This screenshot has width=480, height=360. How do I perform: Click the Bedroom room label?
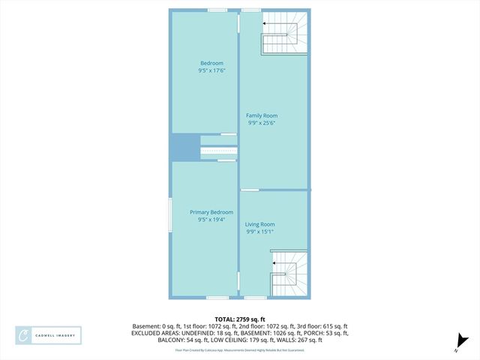(x=211, y=62)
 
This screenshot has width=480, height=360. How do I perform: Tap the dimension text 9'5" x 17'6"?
(x=211, y=70)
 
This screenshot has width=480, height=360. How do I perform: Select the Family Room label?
(x=262, y=115)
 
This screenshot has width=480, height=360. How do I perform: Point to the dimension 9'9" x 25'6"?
(x=262, y=124)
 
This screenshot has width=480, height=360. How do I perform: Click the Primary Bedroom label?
(x=211, y=212)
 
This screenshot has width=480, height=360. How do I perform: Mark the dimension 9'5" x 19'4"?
(x=211, y=220)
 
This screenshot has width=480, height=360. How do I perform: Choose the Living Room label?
(x=260, y=224)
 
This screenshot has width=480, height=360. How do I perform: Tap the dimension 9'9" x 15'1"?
(x=260, y=232)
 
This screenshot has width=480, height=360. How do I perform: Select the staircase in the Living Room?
(x=289, y=274)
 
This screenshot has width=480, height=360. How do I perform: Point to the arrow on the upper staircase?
(x=265, y=24)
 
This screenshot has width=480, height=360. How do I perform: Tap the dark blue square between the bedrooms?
(x=184, y=147)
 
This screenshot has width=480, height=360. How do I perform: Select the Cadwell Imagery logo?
(x=49, y=335)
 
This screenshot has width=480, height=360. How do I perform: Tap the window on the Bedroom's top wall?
(x=218, y=10)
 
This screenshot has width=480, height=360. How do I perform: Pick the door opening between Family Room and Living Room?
(x=250, y=190)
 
